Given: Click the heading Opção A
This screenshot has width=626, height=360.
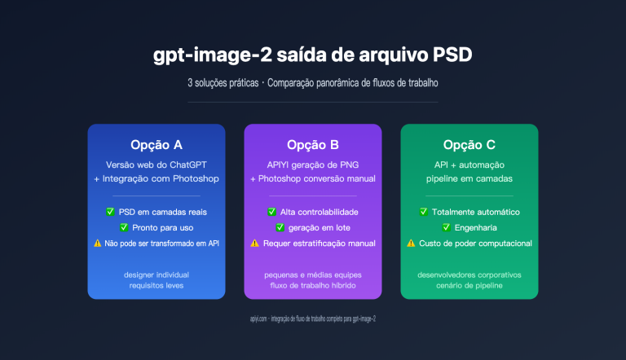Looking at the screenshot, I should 156,145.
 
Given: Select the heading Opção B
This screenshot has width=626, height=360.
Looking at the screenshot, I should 312,145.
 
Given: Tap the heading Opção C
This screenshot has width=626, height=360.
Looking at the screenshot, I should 469,145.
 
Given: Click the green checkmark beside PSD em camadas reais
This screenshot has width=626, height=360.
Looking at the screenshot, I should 110,212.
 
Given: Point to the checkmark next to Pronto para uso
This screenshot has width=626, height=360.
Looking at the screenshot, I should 124,227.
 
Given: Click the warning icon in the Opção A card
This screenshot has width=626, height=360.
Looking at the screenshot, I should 98,244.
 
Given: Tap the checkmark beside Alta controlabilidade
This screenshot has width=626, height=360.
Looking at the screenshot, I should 271,212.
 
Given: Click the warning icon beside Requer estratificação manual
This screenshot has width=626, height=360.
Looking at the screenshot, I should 254,243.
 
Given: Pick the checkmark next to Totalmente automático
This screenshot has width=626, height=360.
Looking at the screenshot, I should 424,212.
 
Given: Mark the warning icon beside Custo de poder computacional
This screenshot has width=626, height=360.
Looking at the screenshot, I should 411,243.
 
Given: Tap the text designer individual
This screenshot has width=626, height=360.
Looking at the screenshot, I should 156,274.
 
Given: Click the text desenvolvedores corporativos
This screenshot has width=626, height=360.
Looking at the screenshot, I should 469,274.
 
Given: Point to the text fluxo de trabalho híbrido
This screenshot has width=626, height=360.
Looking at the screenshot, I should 312,286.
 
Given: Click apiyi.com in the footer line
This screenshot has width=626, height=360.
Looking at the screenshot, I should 260,318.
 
